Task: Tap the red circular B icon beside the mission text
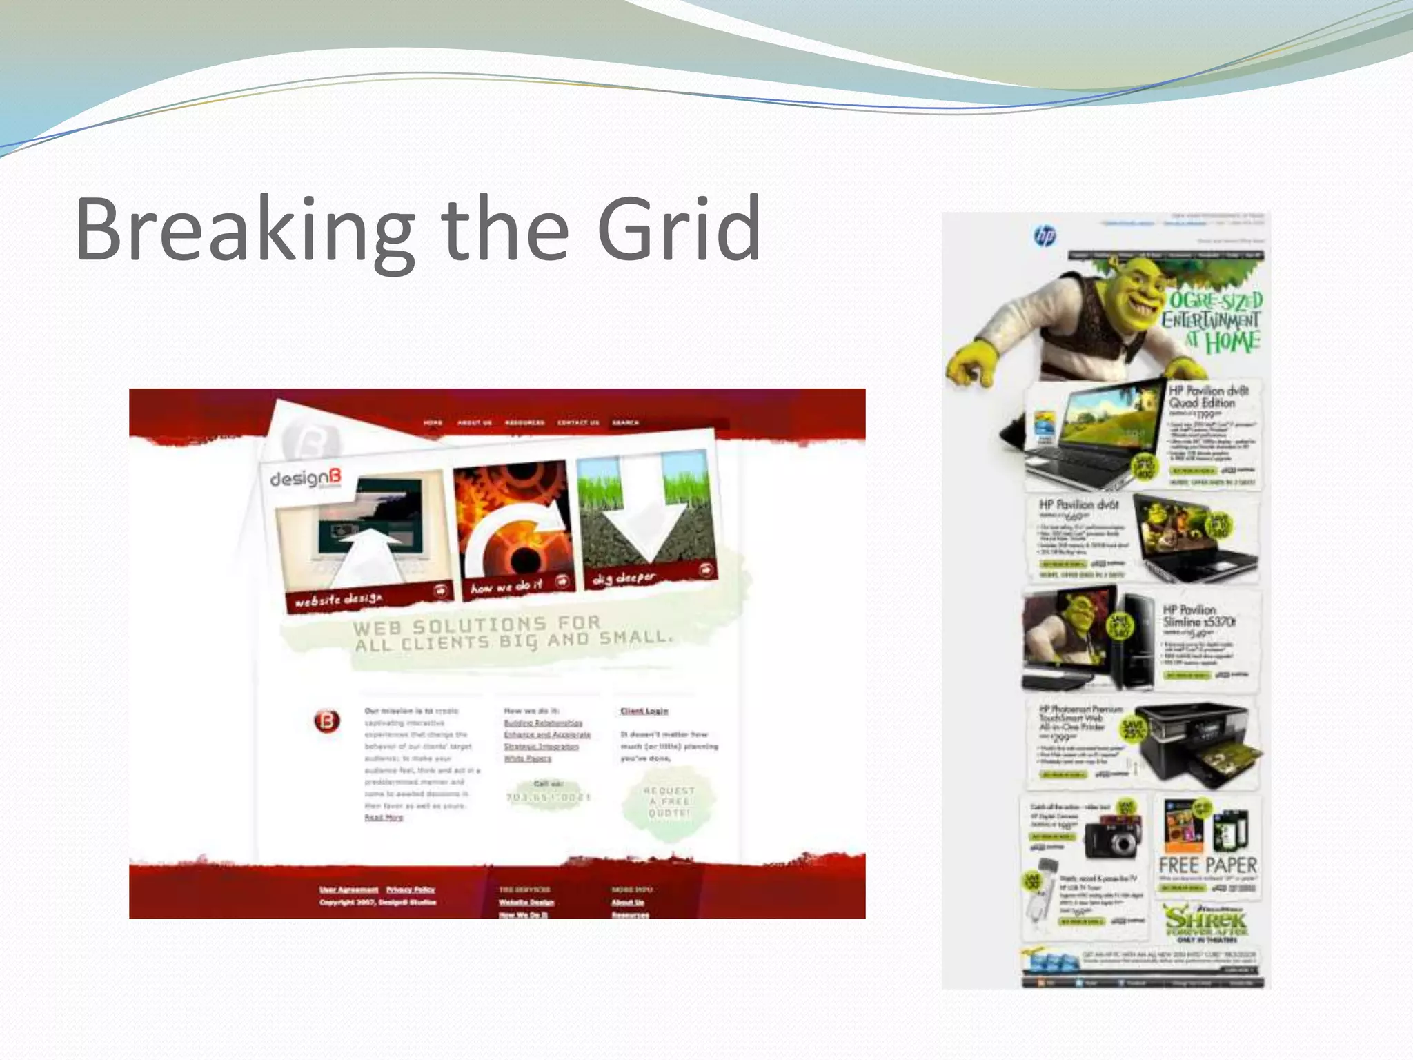tap(327, 721)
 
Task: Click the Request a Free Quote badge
tap(669, 802)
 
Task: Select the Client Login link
tap(644, 711)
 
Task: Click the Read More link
tap(384, 818)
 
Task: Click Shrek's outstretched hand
tap(973, 362)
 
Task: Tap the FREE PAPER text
tap(1207, 865)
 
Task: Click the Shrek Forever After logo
tap(1206, 921)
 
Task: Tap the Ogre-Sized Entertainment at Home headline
tap(1213, 321)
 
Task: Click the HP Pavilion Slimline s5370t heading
tap(1199, 616)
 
